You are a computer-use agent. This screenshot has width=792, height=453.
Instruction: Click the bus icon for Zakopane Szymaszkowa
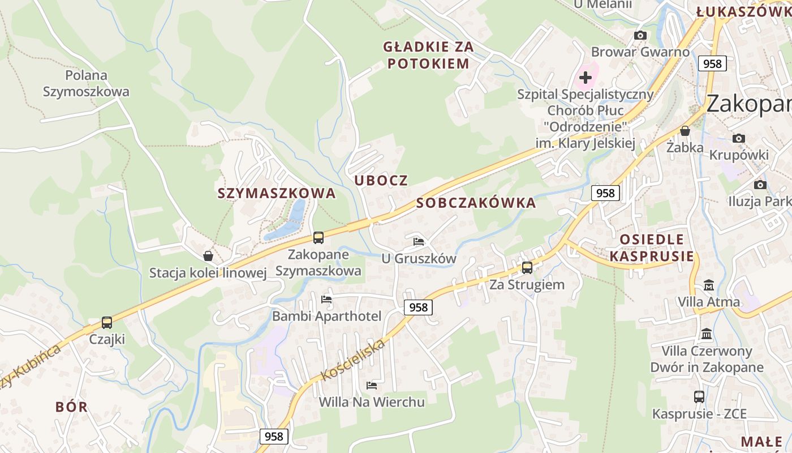pyautogui.click(x=318, y=238)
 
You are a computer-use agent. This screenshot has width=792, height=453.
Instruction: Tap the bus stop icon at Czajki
pyautogui.click(x=107, y=323)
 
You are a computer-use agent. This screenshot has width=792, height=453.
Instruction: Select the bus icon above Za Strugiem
pyautogui.click(x=527, y=268)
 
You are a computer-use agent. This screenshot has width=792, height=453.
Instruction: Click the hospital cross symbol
pyautogui.click(x=586, y=77)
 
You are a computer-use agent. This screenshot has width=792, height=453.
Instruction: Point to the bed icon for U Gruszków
pyautogui.click(x=419, y=242)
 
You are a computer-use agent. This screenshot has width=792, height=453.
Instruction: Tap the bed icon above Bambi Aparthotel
pyautogui.click(x=326, y=300)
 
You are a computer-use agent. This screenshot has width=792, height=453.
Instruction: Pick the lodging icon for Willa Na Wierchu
pyautogui.click(x=372, y=386)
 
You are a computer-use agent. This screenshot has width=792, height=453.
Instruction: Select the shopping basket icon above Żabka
pyautogui.click(x=685, y=131)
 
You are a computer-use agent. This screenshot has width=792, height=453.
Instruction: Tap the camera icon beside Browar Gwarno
pyautogui.click(x=640, y=36)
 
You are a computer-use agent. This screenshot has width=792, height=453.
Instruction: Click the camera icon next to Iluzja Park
pyautogui.click(x=760, y=185)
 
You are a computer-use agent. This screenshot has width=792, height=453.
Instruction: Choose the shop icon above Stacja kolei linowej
pyautogui.click(x=208, y=257)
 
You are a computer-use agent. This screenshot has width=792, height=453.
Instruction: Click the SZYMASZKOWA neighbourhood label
pyautogui.click(x=277, y=193)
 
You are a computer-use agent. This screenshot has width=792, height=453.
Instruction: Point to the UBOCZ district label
pyautogui.click(x=381, y=181)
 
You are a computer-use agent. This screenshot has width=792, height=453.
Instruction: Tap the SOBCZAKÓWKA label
pyautogui.click(x=476, y=203)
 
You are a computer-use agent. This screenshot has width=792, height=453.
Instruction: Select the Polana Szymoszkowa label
pyautogui.click(x=86, y=83)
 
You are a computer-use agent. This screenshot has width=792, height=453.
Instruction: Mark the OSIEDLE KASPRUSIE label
pyautogui.click(x=652, y=247)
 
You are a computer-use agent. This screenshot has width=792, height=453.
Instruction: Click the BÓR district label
pyautogui.click(x=72, y=407)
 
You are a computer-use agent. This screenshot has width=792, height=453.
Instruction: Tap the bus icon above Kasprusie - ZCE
pyautogui.click(x=699, y=397)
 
